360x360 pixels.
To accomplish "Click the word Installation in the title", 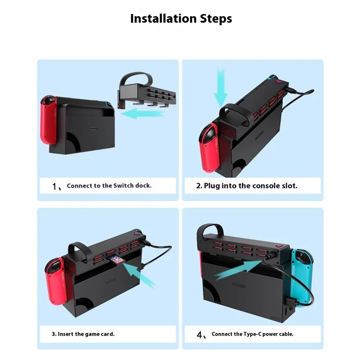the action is coord(163,18).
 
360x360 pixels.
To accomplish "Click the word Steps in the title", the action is coord(216,19).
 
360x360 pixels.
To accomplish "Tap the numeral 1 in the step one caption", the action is coord(54,186).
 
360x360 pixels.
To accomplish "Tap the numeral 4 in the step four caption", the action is coord(199,335).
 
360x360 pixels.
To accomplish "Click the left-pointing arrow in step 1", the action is coord(143,114).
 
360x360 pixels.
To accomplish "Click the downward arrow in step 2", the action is coord(220,88).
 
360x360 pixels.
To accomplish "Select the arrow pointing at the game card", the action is coord(139,274).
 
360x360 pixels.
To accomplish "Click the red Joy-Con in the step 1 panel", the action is coord(49,120).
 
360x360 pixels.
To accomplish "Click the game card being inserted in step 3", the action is coord(117,260).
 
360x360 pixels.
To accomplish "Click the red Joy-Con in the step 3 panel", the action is coord(56,281).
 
